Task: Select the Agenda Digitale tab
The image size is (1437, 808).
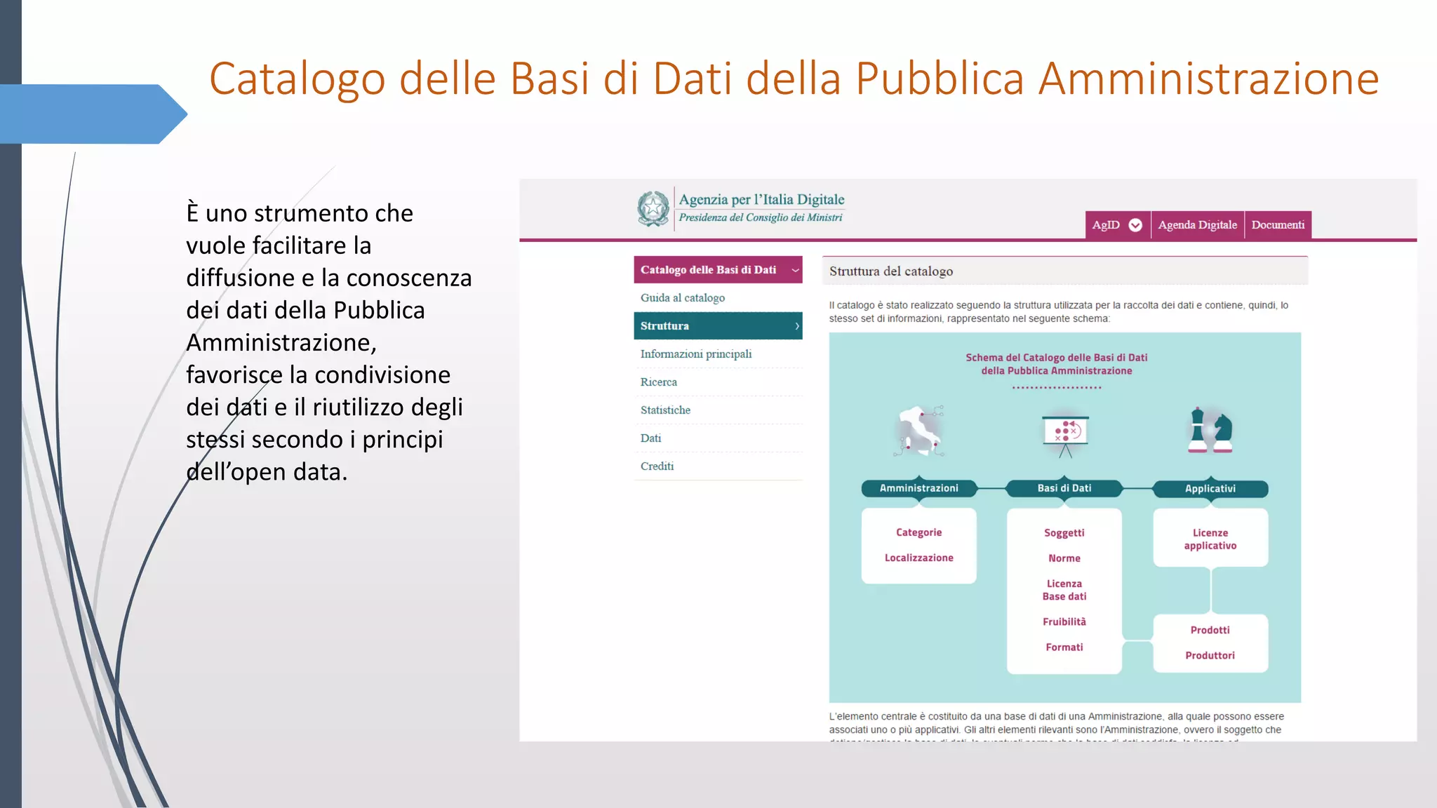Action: (1197, 225)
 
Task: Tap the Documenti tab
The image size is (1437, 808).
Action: (1278, 225)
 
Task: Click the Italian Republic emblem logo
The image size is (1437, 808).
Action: (653, 208)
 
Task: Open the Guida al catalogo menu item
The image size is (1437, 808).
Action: (682, 298)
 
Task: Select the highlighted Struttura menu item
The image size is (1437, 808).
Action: (717, 326)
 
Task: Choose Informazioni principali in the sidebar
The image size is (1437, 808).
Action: (695, 354)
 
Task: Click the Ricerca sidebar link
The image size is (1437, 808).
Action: (658, 382)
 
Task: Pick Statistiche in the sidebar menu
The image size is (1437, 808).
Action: (665, 410)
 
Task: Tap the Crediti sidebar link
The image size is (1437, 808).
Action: (657, 466)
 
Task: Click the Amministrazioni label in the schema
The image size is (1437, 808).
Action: (918, 488)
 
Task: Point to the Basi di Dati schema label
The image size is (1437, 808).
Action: (1064, 488)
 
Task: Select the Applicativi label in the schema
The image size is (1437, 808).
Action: (1210, 489)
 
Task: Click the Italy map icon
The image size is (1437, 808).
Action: (919, 431)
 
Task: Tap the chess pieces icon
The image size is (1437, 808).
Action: (1210, 431)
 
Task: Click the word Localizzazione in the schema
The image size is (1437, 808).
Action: (918, 558)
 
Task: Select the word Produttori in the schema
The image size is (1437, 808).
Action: (1210, 655)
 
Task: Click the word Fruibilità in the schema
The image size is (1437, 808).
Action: (1064, 621)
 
